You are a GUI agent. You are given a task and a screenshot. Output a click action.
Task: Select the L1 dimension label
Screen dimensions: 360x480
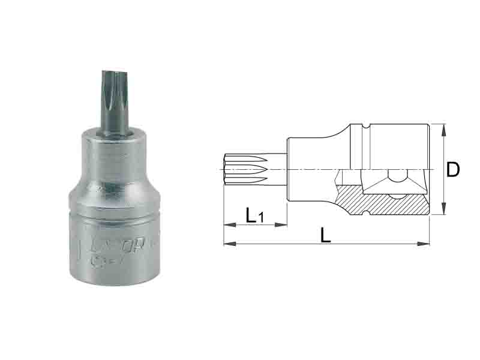[x=254, y=215]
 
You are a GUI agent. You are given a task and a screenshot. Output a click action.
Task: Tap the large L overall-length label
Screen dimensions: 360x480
[x=326, y=235]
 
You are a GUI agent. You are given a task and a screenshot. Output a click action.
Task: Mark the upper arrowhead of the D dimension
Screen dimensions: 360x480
[x=443, y=127]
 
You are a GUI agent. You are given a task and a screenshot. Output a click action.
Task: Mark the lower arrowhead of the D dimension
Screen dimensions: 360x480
[x=443, y=212]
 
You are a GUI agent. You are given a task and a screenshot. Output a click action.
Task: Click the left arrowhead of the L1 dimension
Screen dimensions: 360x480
[x=226, y=226]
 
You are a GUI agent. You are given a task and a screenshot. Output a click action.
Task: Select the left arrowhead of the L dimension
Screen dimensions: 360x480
[x=226, y=244]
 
